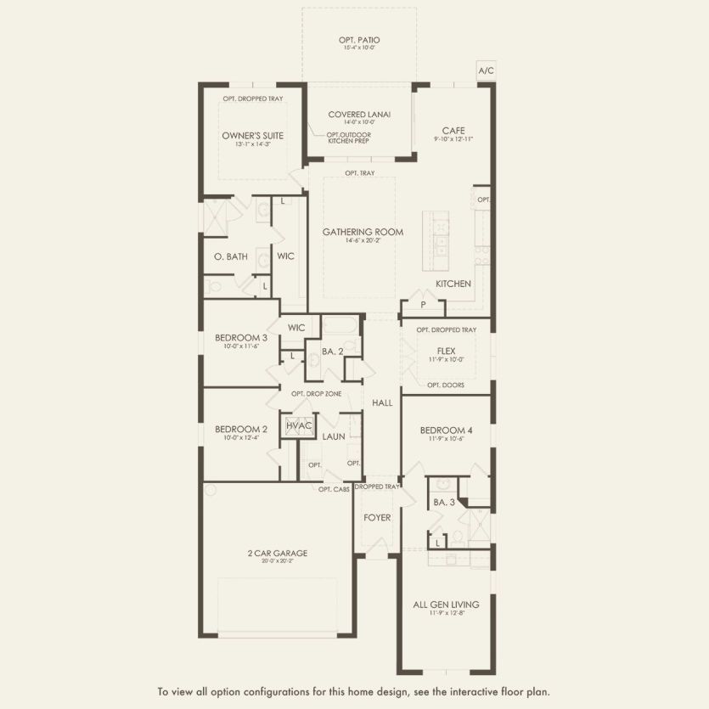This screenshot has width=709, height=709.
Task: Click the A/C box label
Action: point(486,71)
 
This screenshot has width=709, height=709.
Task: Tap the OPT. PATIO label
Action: point(359,40)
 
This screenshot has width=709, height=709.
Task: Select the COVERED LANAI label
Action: point(359,115)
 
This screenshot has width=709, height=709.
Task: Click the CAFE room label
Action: point(453,131)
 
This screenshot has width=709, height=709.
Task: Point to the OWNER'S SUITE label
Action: point(252,136)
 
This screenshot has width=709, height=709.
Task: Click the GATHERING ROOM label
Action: point(363,232)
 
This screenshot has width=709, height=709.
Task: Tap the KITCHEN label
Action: point(453,284)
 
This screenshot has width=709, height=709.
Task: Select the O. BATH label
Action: point(231,256)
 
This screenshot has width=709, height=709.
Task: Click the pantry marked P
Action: point(422,304)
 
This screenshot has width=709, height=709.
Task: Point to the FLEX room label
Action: point(447,350)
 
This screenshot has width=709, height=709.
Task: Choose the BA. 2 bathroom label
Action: point(332,351)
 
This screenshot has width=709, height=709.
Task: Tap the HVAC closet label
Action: point(299,425)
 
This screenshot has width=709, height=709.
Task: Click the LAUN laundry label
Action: point(333,436)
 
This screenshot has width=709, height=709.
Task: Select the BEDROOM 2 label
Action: point(241,430)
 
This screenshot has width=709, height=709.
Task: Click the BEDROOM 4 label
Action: point(447,430)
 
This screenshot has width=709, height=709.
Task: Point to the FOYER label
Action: point(377,517)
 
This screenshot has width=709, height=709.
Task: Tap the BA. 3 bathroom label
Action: point(444,503)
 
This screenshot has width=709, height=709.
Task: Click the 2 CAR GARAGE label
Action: point(278,553)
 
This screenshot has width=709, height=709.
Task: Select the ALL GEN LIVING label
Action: point(447,605)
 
